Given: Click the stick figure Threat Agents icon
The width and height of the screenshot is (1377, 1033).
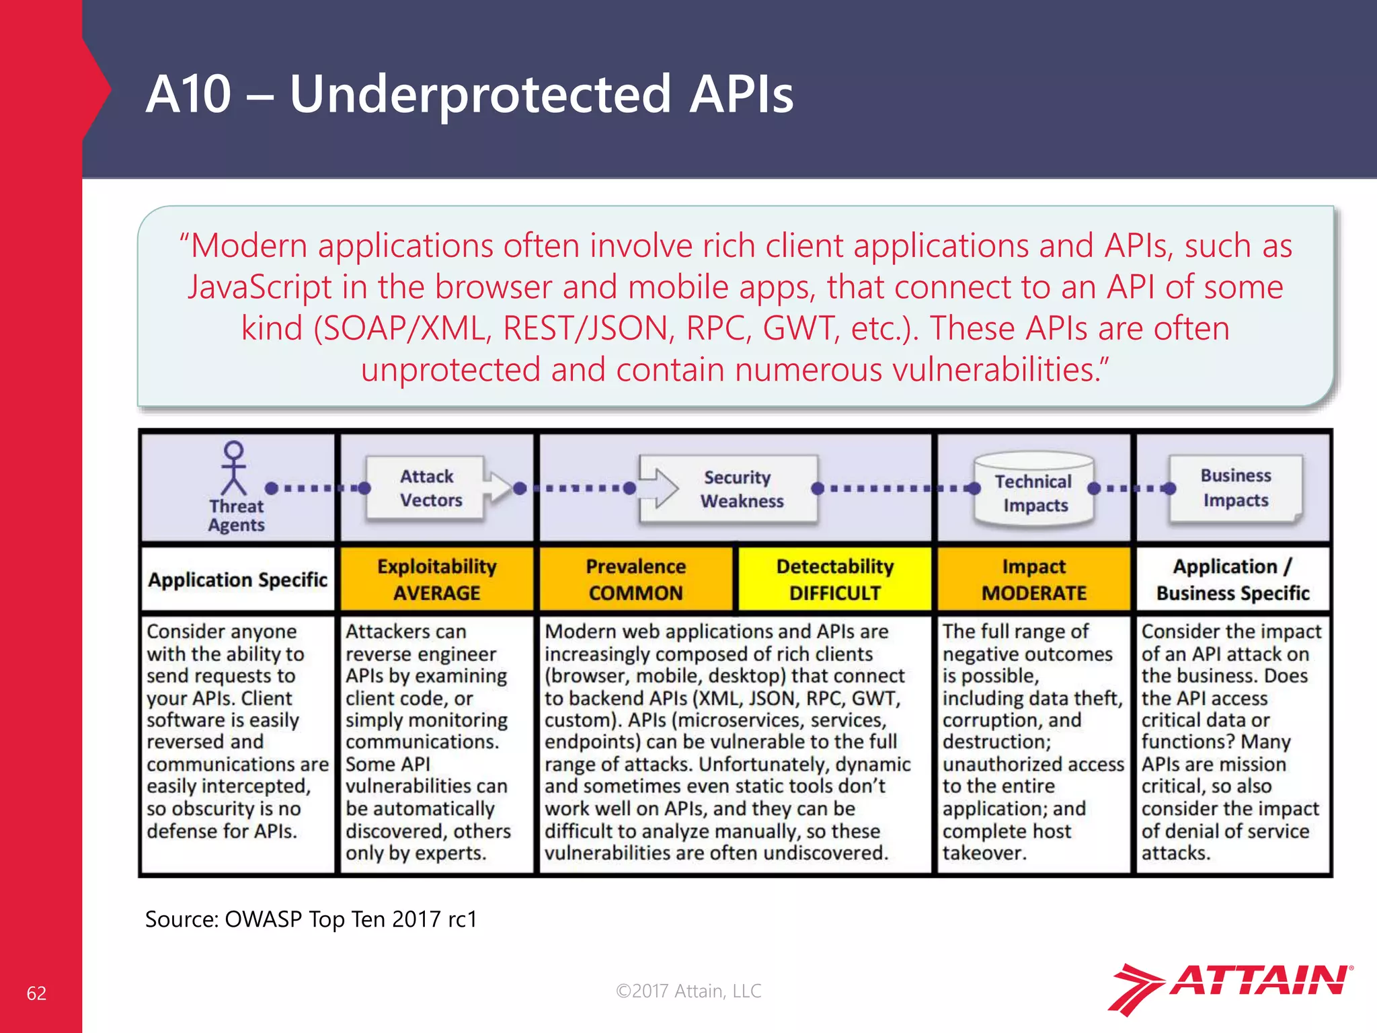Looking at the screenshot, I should pyautogui.click(x=233, y=468).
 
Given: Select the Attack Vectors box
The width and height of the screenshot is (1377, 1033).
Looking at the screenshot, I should pyautogui.click(x=426, y=488).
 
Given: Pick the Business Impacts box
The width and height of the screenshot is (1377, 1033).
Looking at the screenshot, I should pyautogui.click(x=1235, y=488).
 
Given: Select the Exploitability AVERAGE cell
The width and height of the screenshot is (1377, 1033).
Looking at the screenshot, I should pyautogui.click(x=437, y=579).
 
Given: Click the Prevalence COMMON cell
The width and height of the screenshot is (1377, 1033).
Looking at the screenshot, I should pyautogui.click(x=635, y=579).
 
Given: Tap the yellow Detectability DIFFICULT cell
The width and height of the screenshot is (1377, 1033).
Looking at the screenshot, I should pyautogui.click(x=834, y=579).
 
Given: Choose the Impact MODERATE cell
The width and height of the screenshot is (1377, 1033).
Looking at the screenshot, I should pyautogui.click(x=1033, y=579).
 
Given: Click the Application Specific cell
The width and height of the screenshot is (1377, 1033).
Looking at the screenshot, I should pyautogui.click(x=237, y=580).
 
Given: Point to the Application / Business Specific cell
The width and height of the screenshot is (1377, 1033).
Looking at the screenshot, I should pyautogui.click(x=1232, y=579).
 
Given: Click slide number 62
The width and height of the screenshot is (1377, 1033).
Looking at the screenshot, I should pyautogui.click(x=36, y=993).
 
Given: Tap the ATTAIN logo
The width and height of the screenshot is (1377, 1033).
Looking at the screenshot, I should pyautogui.click(x=1230, y=987).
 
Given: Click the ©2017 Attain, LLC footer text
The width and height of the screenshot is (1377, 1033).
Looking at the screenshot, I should pyautogui.click(x=688, y=991).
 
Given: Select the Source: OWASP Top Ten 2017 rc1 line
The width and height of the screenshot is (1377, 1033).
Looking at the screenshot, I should pyautogui.click(x=311, y=919).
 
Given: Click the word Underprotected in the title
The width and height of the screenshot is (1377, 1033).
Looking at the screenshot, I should pyautogui.click(x=480, y=94).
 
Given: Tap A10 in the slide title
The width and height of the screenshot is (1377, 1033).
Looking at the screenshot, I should pyautogui.click(x=188, y=94).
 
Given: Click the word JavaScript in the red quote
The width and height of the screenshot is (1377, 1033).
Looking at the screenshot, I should pyautogui.click(x=260, y=287).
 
